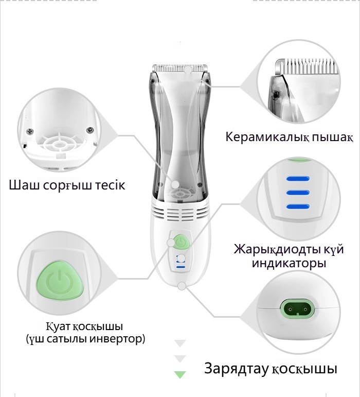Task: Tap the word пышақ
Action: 332,137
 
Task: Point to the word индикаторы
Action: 289,263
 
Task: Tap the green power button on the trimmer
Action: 180,242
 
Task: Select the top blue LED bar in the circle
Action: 298,179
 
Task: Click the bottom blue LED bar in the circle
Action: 298,206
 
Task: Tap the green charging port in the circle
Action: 298,308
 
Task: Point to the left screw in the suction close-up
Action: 30,131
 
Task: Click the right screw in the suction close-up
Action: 89,130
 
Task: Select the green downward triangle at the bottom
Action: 180,374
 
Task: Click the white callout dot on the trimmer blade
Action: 188,69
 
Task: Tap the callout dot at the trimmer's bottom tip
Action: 182,286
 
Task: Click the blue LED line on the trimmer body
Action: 181,267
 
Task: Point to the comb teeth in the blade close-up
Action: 309,65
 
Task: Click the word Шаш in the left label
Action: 24,185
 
